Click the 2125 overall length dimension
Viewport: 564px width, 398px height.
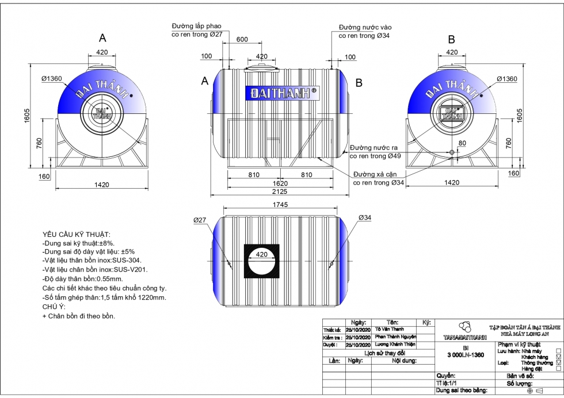click(x=280, y=192)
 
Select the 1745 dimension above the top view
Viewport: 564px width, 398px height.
click(x=280, y=205)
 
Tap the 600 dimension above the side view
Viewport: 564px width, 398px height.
click(x=242, y=39)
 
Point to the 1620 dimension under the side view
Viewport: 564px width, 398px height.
click(x=280, y=183)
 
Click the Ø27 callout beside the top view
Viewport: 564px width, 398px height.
click(x=200, y=220)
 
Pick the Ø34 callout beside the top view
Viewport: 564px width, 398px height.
click(x=364, y=217)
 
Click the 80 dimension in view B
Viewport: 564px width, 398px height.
click(x=462, y=143)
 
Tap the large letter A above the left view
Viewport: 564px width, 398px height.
click(x=102, y=38)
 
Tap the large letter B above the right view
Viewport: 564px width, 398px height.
click(x=452, y=39)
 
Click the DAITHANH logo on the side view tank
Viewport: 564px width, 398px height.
click(x=281, y=93)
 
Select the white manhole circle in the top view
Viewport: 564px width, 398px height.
click(x=262, y=262)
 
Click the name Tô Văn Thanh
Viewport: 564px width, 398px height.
click(x=389, y=330)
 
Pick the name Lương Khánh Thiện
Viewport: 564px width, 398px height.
click(x=395, y=345)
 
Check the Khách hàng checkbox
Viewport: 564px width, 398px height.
click(x=558, y=357)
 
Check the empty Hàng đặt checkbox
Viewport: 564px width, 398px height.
click(x=558, y=369)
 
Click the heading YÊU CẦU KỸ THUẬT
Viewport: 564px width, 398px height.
click(x=77, y=235)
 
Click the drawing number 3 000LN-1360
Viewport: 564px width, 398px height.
click(x=466, y=355)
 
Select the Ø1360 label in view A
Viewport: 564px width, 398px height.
click(x=52, y=79)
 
